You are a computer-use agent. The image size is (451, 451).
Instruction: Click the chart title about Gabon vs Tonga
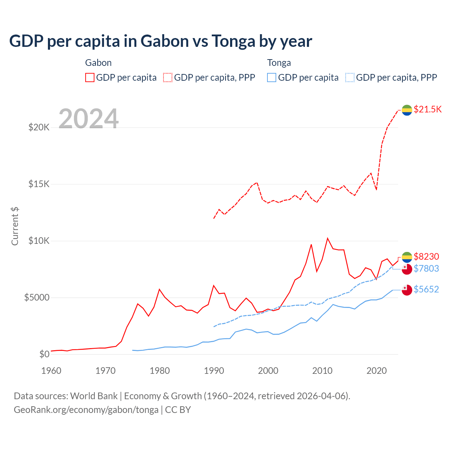[x=161, y=41]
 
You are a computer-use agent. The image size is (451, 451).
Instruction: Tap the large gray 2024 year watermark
[x=88, y=119]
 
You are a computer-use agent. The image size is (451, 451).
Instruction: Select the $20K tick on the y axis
[x=39, y=127]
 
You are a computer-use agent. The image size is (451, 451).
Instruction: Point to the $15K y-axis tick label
[x=39, y=184]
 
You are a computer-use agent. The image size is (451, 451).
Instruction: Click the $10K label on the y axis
[x=39, y=241]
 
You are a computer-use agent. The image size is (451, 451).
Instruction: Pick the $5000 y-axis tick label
[x=37, y=297]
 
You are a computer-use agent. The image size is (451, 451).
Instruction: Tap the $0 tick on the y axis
[x=44, y=354]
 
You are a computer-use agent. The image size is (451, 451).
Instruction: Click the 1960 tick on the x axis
[x=51, y=371]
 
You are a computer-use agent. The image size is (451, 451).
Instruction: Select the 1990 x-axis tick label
[x=214, y=371]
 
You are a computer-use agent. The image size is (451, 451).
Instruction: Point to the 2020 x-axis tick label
[x=377, y=371]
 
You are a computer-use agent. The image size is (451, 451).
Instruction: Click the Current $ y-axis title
[x=15, y=226]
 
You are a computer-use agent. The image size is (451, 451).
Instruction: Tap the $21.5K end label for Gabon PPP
[x=427, y=109]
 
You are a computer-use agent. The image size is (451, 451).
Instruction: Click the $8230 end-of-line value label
[x=426, y=257]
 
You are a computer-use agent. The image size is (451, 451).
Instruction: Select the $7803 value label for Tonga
[x=426, y=268]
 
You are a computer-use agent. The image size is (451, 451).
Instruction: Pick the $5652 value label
[x=426, y=289]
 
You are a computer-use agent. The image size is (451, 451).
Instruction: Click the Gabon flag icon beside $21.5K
[x=407, y=110]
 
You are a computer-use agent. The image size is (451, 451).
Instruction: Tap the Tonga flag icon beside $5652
[x=407, y=290]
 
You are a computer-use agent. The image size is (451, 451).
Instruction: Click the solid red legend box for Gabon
[x=90, y=78]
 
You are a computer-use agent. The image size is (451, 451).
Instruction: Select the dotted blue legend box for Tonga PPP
[x=350, y=78]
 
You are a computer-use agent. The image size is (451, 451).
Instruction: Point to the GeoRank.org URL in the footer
[x=86, y=410]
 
